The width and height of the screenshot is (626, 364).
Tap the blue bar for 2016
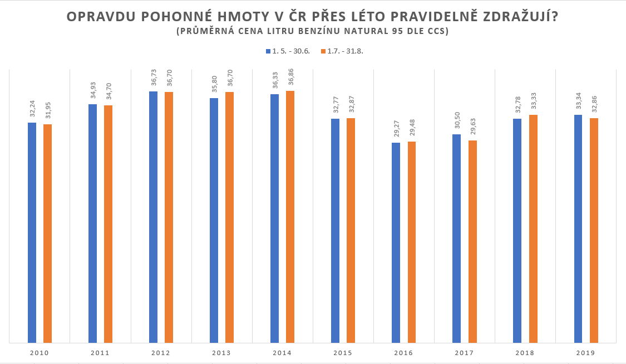(396, 242)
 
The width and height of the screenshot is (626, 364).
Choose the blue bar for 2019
(578, 229)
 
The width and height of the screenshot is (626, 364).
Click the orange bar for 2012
(169, 217)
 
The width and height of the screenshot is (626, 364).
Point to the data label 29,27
(396, 128)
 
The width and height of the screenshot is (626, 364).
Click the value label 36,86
(290, 76)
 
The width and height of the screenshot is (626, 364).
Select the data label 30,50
(457, 120)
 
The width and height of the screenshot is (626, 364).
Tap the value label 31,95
(47, 110)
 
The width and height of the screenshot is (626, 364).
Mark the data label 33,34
(578, 100)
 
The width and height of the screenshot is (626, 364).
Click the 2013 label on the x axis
(221, 353)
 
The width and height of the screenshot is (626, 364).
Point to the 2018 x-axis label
(525, 353)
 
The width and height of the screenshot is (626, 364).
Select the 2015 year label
(343, 353)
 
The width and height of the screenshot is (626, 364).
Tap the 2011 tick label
(100, 353)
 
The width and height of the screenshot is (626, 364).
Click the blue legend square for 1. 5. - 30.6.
(268, 51)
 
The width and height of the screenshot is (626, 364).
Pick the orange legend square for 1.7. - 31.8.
(323, 51)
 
